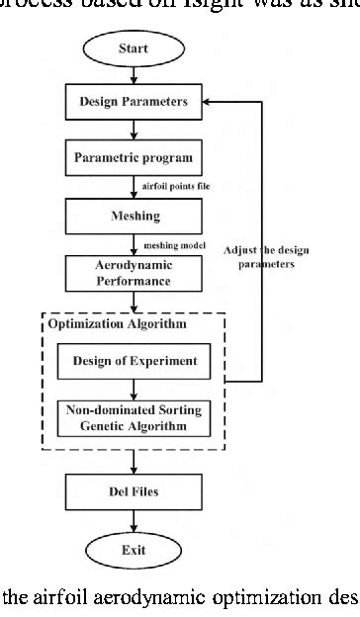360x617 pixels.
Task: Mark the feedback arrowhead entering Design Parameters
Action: (210, 100)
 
